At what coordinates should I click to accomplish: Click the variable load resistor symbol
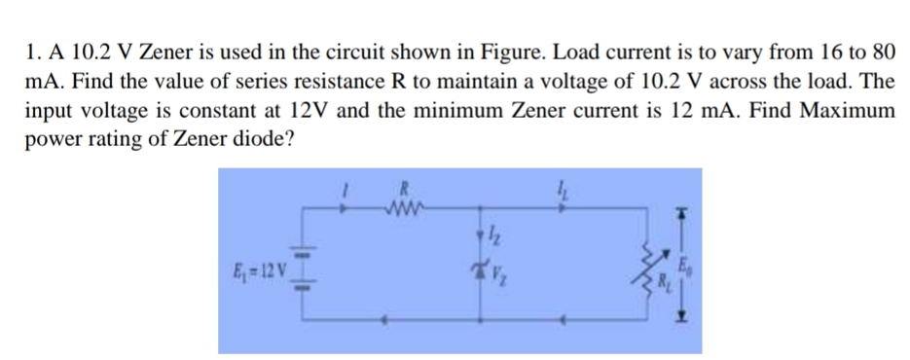click(647, 269)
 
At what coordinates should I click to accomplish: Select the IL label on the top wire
click(562, 189)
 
